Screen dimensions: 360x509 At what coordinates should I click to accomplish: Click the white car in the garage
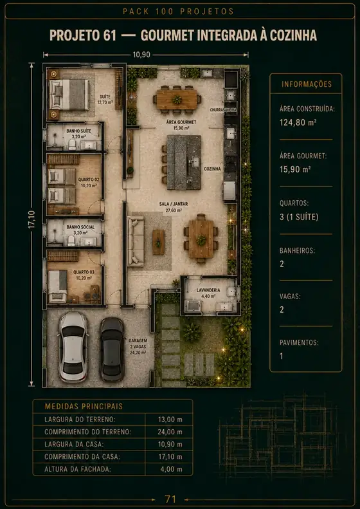point(73,346)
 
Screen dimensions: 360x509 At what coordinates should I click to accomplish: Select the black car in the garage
point(112,349)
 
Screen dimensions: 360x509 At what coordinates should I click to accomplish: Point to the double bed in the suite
point(69,95)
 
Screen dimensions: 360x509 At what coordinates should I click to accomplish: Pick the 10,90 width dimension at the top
point(141,55)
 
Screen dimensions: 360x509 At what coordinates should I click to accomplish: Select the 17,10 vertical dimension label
point(32,220)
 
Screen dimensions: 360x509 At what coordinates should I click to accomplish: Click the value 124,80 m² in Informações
point(298,122)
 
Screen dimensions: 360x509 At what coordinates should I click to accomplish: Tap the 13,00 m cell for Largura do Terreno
point(170,420)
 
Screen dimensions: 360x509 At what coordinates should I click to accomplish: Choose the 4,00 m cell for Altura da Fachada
point(171,469)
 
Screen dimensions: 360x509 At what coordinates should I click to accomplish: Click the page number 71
point(170,499)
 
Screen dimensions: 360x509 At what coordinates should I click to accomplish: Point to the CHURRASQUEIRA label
point(223,110)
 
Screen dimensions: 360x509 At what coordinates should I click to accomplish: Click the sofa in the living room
point(136,241)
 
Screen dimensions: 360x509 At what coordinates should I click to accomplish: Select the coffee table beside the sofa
point(158,242)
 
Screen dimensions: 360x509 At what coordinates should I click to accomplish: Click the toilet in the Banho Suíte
point(71,144)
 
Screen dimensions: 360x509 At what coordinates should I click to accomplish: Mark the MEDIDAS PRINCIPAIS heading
point(84,407)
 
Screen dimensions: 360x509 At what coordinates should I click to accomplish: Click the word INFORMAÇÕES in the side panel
point(307,84)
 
